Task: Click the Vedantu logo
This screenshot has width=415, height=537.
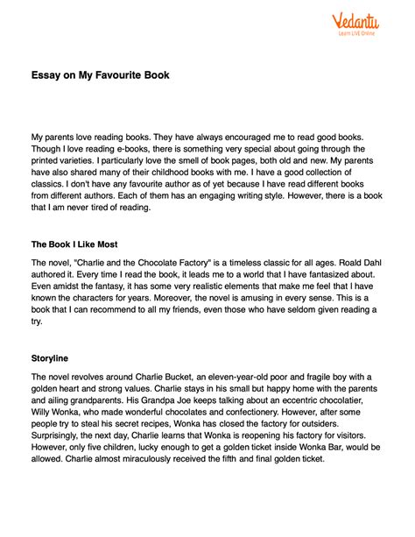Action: tap(355, 21)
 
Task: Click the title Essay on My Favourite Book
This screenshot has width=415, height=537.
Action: tap(101, 75)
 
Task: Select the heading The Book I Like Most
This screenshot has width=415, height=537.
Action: tap(74, 244)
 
